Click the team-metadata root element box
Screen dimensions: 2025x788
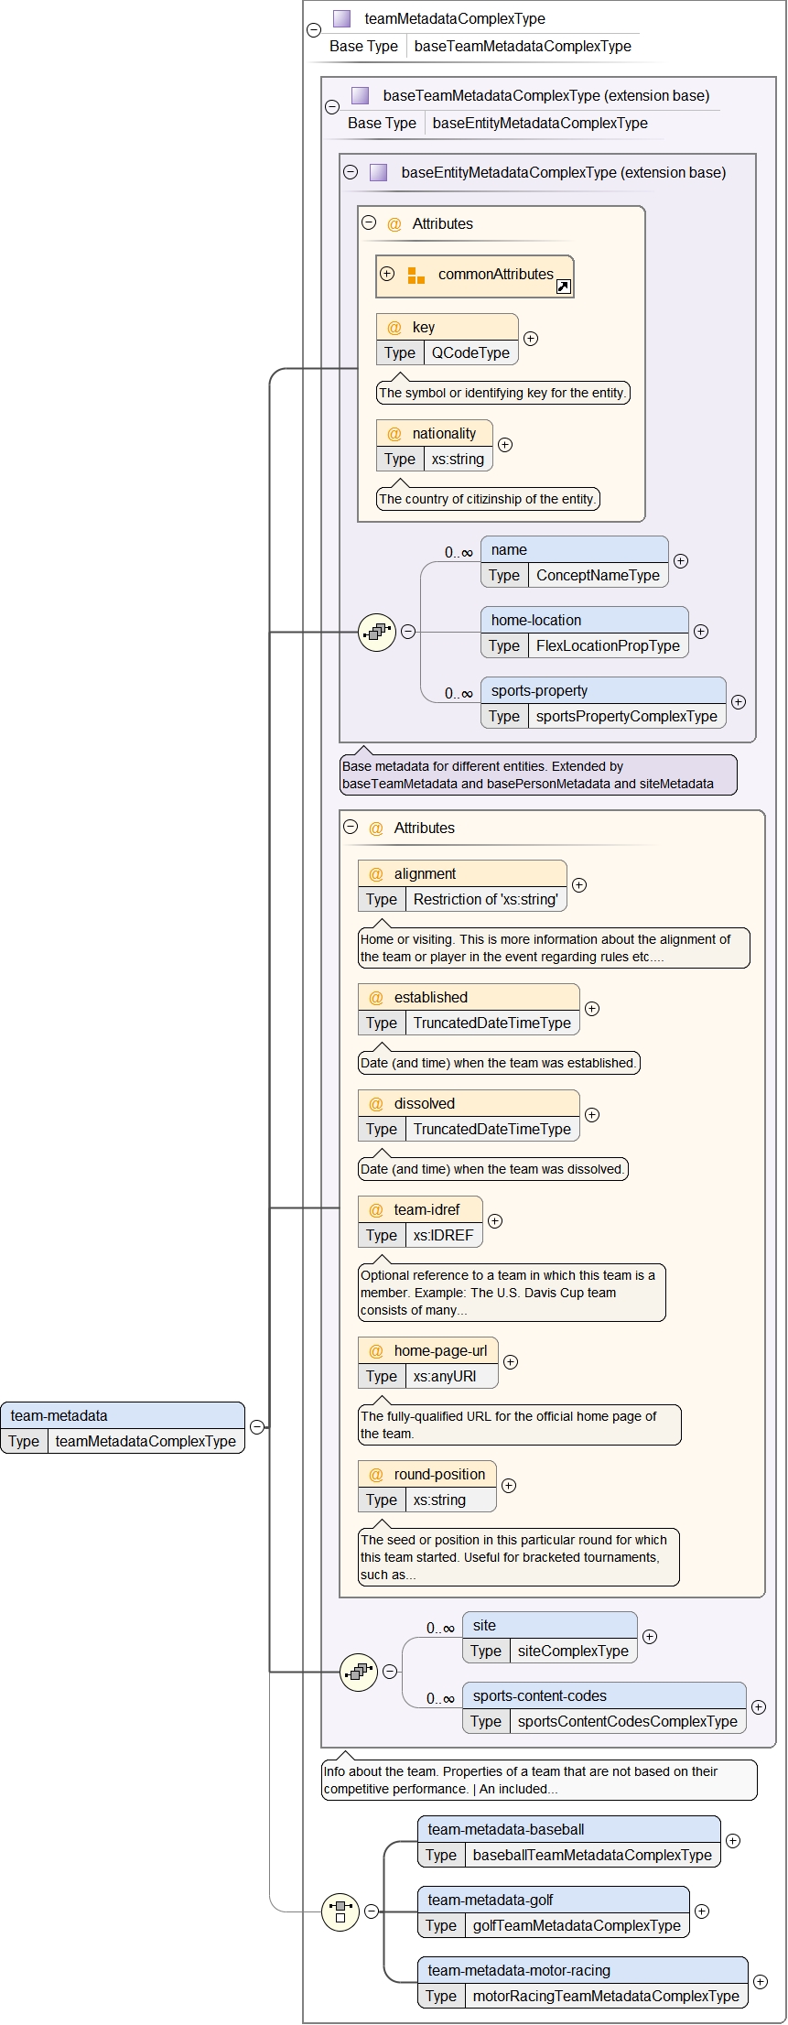[x=123, y=1427]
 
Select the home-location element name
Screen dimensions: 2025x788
[x=535, y=620]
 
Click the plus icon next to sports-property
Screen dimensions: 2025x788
[x=739, y=702]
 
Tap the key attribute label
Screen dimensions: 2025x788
[x=423, y=327]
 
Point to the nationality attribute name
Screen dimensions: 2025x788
[x=444, y=433]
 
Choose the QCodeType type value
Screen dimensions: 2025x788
[x=470, y=352]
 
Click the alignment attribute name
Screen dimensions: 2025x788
[x=425, y=873]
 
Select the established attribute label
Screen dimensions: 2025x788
[x=430, y=997]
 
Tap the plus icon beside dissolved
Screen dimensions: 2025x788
[x=592, y=1114]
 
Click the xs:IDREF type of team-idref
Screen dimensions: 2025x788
[x=443, y=1235]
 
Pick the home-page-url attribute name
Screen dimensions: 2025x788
[x=440, y=1350]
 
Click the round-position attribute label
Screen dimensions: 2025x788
[x=439, y=1474]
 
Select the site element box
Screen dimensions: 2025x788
[x=549, y=1637]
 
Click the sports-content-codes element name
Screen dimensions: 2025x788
[x=539, y=1695]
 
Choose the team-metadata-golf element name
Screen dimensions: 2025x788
[x=490, y=1900]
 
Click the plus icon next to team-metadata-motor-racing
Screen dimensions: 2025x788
[x=761, y=1981]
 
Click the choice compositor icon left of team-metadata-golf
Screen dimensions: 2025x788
[x=340, y=1911]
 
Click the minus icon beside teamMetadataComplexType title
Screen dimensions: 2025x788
[x=314, y=30]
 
